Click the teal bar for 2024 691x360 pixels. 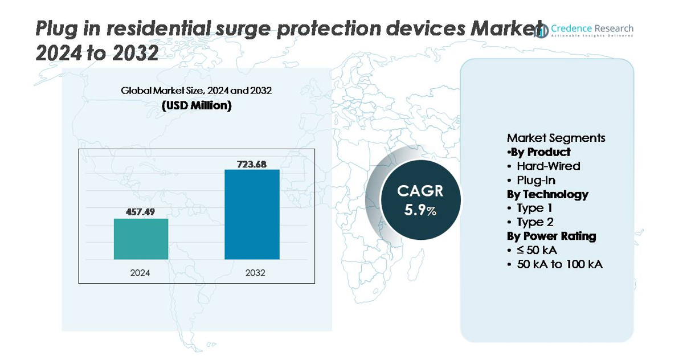[x=141, y=239]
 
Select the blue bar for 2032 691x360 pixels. [x=252, y=214]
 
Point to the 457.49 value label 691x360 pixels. [x=141, y=211]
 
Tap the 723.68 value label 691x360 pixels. [x=252, y=163]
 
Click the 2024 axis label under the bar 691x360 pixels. [x=140, y=273]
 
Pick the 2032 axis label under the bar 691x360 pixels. [x=255, y=273]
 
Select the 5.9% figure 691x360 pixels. [x=420, y=210]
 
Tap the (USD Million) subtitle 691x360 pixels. [x=197, y=105]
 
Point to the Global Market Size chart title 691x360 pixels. [x=197, y=91]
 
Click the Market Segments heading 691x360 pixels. [x=556, y=138]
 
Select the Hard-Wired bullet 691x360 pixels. [x=548, y=166]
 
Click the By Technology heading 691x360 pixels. [x=547, y=194]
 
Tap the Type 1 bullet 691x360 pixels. [x=534, y=208]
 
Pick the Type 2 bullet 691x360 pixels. [x=535, y=222]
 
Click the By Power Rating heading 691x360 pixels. [x=551, y=236]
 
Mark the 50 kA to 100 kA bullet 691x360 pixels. [x=559, y=264]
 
